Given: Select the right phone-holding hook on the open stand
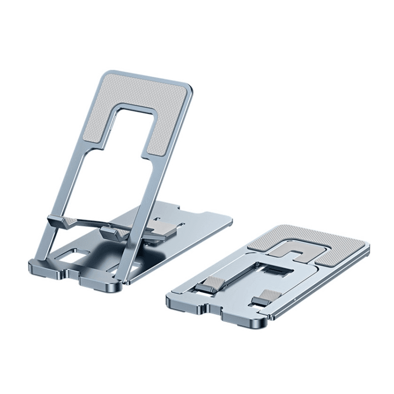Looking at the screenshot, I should tap(111, 231).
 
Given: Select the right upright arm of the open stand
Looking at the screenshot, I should tap(148, 187).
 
